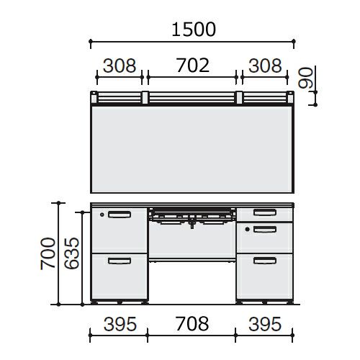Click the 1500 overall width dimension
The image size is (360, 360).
point(194,30)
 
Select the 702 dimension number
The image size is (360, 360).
point(193,66)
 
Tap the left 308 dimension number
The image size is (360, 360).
point(120,66)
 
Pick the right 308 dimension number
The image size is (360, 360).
point(265,66)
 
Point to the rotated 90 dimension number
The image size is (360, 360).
point(305,78)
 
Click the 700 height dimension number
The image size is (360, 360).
point(48,253)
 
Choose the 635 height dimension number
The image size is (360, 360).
point(71,253)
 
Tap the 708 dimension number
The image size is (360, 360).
point(192,324)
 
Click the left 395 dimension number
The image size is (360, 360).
point(120,324)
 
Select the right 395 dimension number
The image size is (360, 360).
point(265,324)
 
